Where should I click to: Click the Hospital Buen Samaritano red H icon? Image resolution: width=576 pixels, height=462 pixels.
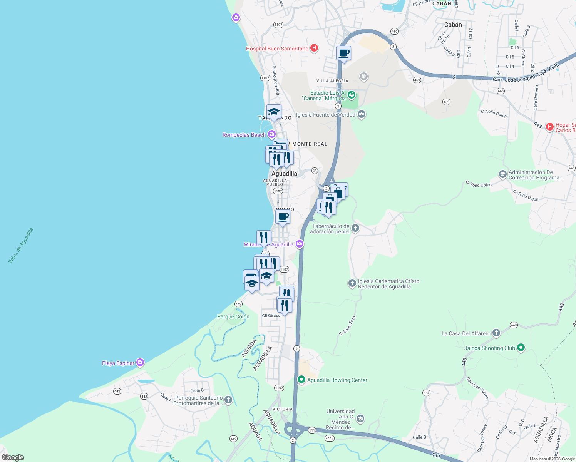tap(314, 48)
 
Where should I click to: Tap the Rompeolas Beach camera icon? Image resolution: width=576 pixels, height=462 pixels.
tap(272, 134)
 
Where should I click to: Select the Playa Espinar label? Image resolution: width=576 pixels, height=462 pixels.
tap(118, 363)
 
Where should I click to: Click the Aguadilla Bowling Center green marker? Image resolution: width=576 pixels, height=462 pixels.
tap(301, 380)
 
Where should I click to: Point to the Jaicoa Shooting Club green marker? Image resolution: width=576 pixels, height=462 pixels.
tap(521, 348)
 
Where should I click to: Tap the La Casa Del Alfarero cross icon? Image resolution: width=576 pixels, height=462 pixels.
tap(496, 333)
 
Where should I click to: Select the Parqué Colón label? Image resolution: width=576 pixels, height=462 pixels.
tap(233, 316)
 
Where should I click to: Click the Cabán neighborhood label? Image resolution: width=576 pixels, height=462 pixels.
tap(453, 25)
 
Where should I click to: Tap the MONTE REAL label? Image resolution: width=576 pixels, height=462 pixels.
tap(310, 144)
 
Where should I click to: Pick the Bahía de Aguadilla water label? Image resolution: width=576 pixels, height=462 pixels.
tap(21, 246)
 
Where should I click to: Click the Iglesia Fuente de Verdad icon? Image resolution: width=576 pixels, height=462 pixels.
tap(361, 114)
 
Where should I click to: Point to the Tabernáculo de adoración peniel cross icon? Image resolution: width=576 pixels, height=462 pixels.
tap(355, 228)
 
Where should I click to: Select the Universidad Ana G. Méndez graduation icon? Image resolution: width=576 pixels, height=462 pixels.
tap(360, 419)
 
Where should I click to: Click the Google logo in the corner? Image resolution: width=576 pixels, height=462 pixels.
tap(13, 457)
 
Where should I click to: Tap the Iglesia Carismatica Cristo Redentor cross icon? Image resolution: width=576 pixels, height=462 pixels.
tap(352, 283)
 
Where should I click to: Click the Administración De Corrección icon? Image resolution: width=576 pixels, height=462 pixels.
tap(502, 174)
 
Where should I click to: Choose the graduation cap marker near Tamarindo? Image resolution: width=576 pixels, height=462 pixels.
tap(274, 112)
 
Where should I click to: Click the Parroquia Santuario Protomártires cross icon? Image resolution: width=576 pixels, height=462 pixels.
tap(228, 400)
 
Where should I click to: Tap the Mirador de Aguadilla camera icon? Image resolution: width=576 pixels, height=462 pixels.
tap(300, 244)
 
